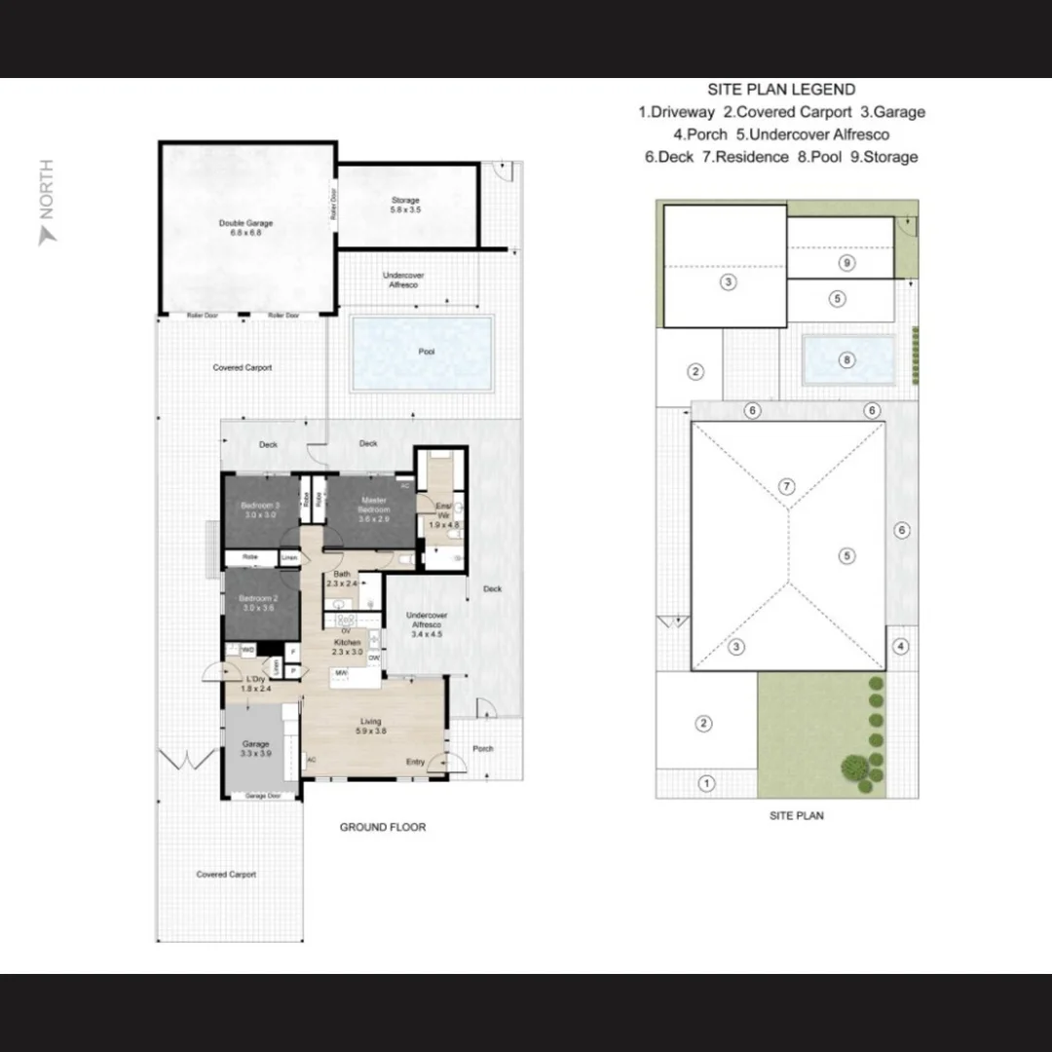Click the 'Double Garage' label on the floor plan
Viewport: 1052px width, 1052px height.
tap(245, 228)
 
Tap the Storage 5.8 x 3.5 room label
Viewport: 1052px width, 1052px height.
tap(405, 205)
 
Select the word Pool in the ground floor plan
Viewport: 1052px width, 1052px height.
tap(426, 352)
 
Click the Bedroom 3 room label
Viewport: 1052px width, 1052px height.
tap(260, 510)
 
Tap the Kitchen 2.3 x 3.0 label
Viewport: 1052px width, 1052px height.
tap(348, 648)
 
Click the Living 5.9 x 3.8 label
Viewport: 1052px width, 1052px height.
tap(370, 727)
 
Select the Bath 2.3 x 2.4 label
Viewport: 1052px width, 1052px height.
tap(343, 579)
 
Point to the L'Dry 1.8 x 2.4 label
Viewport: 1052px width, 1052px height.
tap(255, 683)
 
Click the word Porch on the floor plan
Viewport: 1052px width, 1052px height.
tap(482, 749)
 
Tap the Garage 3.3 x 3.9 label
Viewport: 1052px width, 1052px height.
tap(255, 749)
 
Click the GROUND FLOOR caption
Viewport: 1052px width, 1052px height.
tap(382, 827)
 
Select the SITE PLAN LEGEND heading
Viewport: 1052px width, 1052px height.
tap(781, 90)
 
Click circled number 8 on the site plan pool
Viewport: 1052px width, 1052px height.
tap(846, 360)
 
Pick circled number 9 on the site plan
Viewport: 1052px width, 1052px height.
tap(846, 263)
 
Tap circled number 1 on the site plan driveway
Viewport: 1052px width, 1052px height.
tap(707, 782)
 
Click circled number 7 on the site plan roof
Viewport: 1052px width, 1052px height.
tap(788, 486)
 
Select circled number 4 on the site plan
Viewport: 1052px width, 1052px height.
tap(901, 646)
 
